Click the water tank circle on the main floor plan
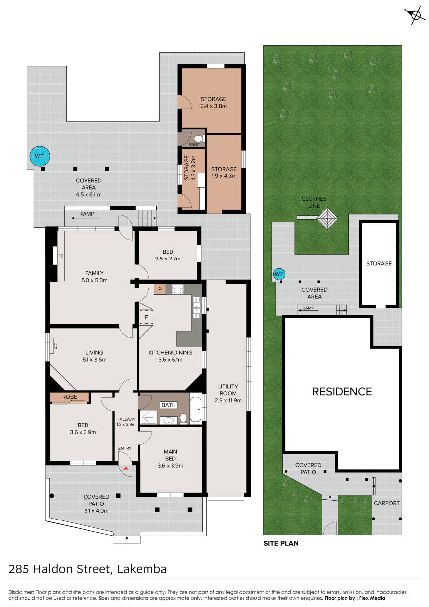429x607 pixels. (40, 156)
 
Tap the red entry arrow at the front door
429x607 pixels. (126, 468)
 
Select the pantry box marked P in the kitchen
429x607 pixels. (160, 289)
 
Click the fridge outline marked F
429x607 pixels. (146, 317)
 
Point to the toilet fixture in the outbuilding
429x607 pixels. (200, 139)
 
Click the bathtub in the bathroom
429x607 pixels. (195, 409)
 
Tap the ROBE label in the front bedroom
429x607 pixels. (70, 397)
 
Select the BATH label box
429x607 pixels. (169, 405)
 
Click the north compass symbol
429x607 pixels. (415, 15)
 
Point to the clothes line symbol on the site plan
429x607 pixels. (327, 218)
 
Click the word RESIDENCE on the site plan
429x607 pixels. (342, 392)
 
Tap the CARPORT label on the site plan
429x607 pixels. (387, 503)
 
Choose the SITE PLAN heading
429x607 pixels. (281, 543)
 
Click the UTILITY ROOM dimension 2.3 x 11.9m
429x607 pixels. (228, 400)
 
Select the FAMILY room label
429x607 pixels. (94, 273)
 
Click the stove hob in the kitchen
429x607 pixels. (177, 289)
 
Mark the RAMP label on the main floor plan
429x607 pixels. (86, 214)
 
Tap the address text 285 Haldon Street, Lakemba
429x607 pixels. (87, 569)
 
